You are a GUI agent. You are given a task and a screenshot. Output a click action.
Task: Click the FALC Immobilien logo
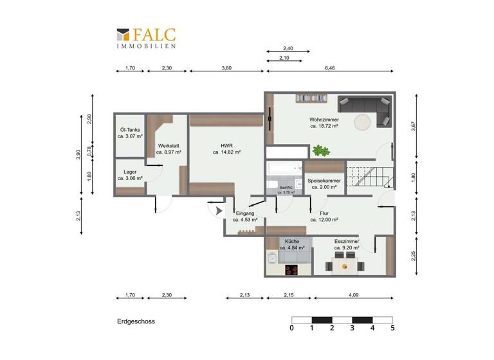pyautogui.click(x=145, y=38)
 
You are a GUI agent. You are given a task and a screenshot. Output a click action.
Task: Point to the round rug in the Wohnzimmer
pyautogui.click(x=363, y=122)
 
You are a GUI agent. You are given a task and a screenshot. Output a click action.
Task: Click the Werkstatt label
pyautogui.click(x=169, y=146)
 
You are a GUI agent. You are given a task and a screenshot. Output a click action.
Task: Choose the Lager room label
pyautogui.click(x=129, y=172)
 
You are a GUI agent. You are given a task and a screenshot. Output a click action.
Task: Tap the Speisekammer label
pyautogui.click(x=324, y=181)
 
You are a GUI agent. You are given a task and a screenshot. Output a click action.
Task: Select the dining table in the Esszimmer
pyautogui.click(x=345, y=264)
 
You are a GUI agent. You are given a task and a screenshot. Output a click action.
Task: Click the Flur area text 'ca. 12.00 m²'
pyautogui.click(x=324, y=219)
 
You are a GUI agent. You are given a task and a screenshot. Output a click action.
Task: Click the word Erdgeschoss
pyautogui.click(x=136, y=320)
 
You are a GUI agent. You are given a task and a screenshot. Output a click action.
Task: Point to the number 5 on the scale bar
pyautogui.click(x=392, y=328)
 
